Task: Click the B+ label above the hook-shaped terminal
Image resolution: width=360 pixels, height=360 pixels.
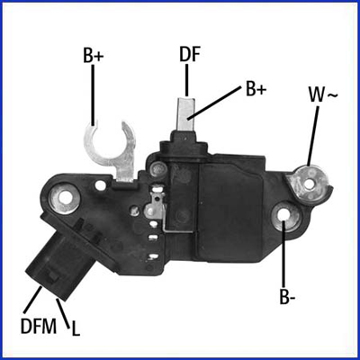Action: click(x=94, y=56)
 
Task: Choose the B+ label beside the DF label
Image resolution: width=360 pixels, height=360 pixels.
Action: click(x=256, y=90)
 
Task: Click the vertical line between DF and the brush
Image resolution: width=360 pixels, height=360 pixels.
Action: click(x=189, y=79)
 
